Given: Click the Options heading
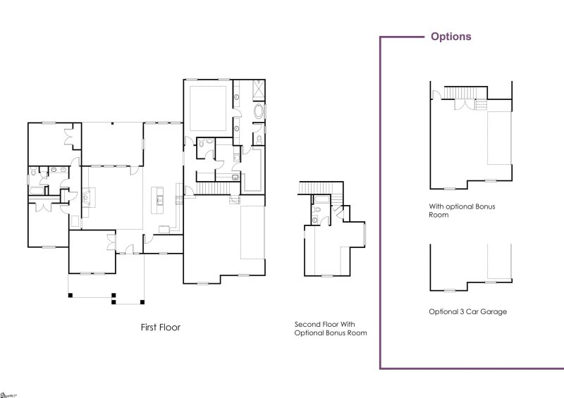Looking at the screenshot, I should tap(451, 37).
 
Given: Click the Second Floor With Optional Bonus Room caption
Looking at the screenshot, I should tap(331, 329).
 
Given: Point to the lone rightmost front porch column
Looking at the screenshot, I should tap(142, 302).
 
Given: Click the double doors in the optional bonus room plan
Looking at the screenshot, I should tap(463, 105).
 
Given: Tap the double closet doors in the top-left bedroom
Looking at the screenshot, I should tap(70, 136).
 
